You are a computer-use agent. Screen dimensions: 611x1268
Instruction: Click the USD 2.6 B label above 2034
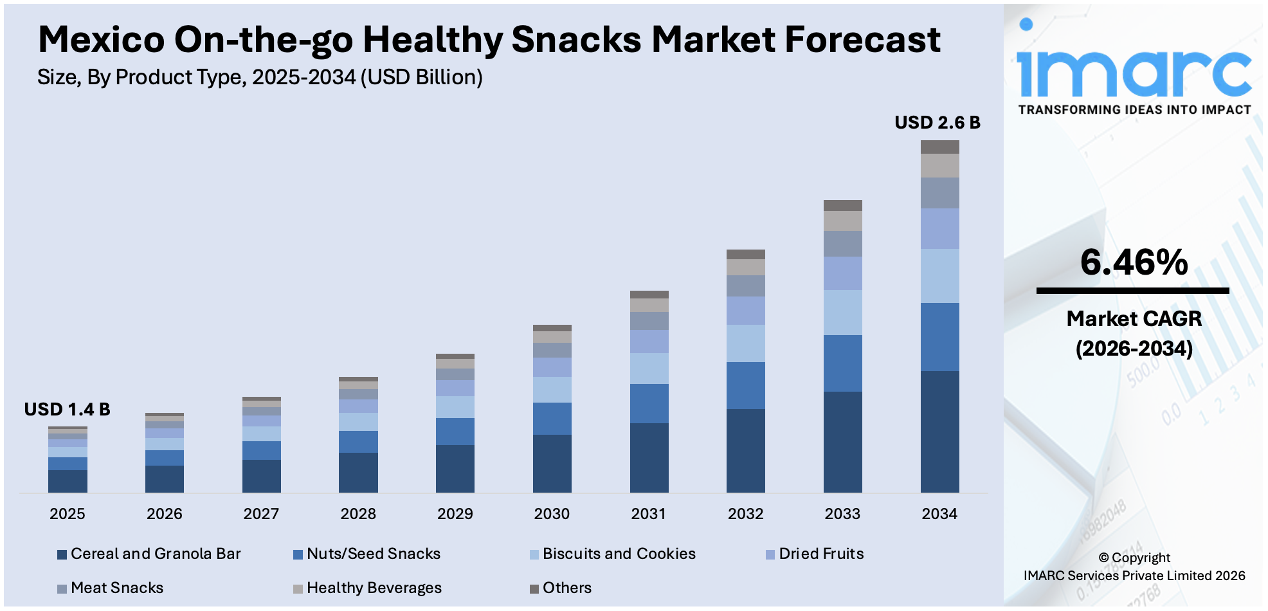pos(937,122)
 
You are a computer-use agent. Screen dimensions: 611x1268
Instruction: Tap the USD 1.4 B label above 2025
pos(67,409)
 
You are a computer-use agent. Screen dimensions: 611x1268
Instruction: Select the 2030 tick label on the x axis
pos(552,514)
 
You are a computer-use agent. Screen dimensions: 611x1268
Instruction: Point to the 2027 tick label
pos(261,514)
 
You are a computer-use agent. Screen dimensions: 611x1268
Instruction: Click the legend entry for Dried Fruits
pos(820,554)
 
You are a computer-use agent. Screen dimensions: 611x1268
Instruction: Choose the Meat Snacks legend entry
pos(116,588)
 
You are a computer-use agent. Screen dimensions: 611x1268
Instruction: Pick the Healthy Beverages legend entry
pos(374,588)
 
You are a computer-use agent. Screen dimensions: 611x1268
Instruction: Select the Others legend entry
pos(566,588)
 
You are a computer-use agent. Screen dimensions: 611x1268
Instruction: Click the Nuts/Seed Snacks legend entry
pos(373,554)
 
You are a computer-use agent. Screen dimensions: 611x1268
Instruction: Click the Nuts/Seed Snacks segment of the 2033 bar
pos(842,363)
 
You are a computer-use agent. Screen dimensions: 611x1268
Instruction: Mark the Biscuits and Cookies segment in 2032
pos(745,343)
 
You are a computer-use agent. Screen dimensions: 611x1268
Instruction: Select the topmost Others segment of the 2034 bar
pos(939,147)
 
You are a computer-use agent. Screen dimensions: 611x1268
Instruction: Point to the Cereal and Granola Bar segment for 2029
pos(455,468)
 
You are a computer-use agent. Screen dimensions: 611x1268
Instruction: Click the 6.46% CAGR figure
pos(1134,262)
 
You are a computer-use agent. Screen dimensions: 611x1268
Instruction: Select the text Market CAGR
pos(1134,318)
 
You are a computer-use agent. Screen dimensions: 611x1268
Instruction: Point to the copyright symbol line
pos(1134,558)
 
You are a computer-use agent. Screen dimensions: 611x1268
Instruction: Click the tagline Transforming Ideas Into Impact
pos(1134,110)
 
